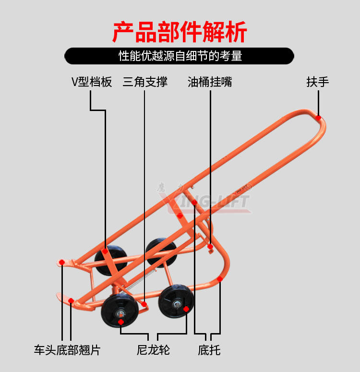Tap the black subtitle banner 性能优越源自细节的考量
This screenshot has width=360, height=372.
(180, 56)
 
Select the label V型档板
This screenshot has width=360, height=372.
(92, 82)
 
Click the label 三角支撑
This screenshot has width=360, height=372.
(145, 82)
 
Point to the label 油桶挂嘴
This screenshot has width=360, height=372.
(210, 82)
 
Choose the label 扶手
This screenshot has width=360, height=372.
(318, 82)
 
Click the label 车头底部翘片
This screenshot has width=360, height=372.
(67, 350)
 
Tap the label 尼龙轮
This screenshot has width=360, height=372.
(153, 350)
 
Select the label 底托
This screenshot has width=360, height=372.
(209, 350)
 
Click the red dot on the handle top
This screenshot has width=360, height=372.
(318, 118)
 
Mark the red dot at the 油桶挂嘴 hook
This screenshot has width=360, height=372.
(210, 247)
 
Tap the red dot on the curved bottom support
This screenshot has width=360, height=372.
(220, 279)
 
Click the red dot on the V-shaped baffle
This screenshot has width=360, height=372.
(105, 251)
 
